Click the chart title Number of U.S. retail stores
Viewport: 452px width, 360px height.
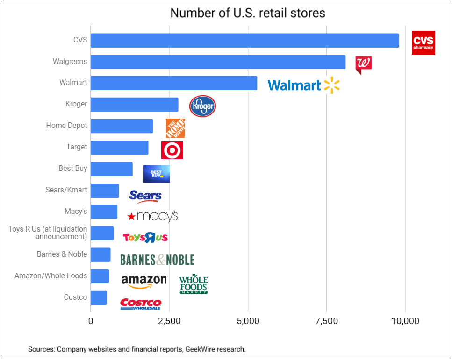point(248,13)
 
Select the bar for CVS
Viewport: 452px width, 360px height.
point(244,40)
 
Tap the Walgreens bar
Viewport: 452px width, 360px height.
point(218,62)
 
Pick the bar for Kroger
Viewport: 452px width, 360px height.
point(134,105)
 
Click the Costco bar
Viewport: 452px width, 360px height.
point(99,297)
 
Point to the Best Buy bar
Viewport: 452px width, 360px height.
point(111,169)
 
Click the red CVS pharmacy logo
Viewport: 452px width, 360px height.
point(423,42)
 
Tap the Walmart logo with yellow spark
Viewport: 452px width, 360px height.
point(303,85)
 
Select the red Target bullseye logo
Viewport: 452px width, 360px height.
point(172,150)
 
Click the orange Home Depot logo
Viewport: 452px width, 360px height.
point(175,128)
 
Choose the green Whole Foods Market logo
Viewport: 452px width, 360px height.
point(193,284)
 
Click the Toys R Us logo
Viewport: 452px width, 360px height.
point(145,238)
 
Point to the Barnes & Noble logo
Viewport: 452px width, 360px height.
point(157,260)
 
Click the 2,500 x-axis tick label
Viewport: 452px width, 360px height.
point(169,321)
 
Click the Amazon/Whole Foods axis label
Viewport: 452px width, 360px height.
point(50,275)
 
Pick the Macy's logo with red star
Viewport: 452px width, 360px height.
point(153,216)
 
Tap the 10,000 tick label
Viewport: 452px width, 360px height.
point(405,321)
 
